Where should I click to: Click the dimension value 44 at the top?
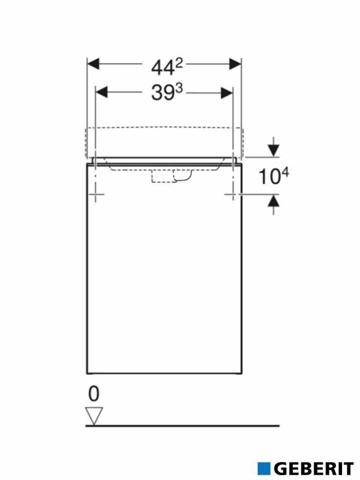[x=158, y=65]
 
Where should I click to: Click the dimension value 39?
[x=157, y=94]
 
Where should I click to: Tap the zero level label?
[x=94, y=394]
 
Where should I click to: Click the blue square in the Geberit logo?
[x=263, y=468]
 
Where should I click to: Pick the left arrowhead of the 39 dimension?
[x=103, y=92]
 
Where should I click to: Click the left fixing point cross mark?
[x=96, y=194]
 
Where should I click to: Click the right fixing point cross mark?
[x=233, y=194]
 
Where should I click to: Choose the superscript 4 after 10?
[x=286, y=171]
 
